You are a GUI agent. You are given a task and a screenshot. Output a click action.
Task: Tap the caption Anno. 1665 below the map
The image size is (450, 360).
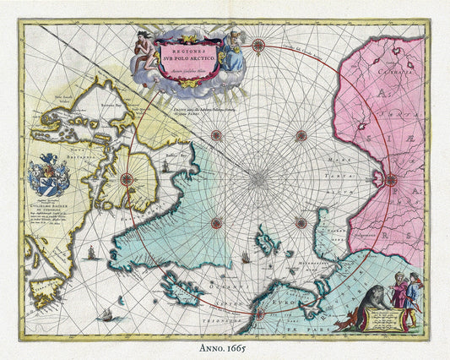(x=224, y=348)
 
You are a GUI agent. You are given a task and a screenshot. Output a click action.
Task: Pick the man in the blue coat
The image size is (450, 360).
(x=412, y=301)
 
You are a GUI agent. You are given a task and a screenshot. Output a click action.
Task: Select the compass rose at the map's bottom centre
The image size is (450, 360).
(x=258, y=314)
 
